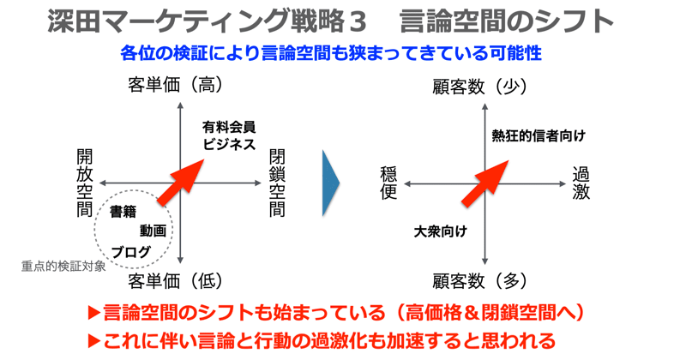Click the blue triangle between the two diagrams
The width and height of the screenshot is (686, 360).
[330, 183]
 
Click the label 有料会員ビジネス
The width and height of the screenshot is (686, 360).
[229, 135]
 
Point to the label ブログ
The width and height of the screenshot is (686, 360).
[131, 251]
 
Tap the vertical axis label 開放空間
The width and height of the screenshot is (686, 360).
[84, 183]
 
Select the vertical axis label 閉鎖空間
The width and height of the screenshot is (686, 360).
[277, 183]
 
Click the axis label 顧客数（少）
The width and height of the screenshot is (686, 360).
[480, 85]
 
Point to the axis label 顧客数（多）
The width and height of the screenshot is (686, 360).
[480, 280]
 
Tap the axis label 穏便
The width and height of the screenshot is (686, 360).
[388, 183]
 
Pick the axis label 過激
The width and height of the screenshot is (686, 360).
[581, 183]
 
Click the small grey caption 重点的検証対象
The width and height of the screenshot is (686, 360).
[63, 266]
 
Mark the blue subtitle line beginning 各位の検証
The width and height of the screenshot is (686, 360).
[331, 53]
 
